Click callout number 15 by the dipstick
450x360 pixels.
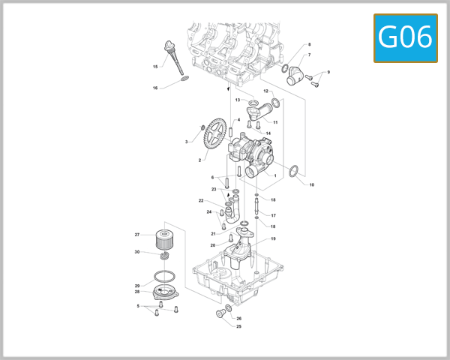point(155,67)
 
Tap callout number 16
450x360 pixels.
point(155,88)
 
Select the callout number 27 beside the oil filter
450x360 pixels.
point(137,235)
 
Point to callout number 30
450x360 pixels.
point(137,252)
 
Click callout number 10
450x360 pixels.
point(312,184)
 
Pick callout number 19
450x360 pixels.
point(273,238)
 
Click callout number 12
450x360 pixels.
point(265,91)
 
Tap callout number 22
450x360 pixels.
point(201,201)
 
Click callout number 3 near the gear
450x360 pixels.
point(187,141)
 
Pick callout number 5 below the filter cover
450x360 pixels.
point(138,306)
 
